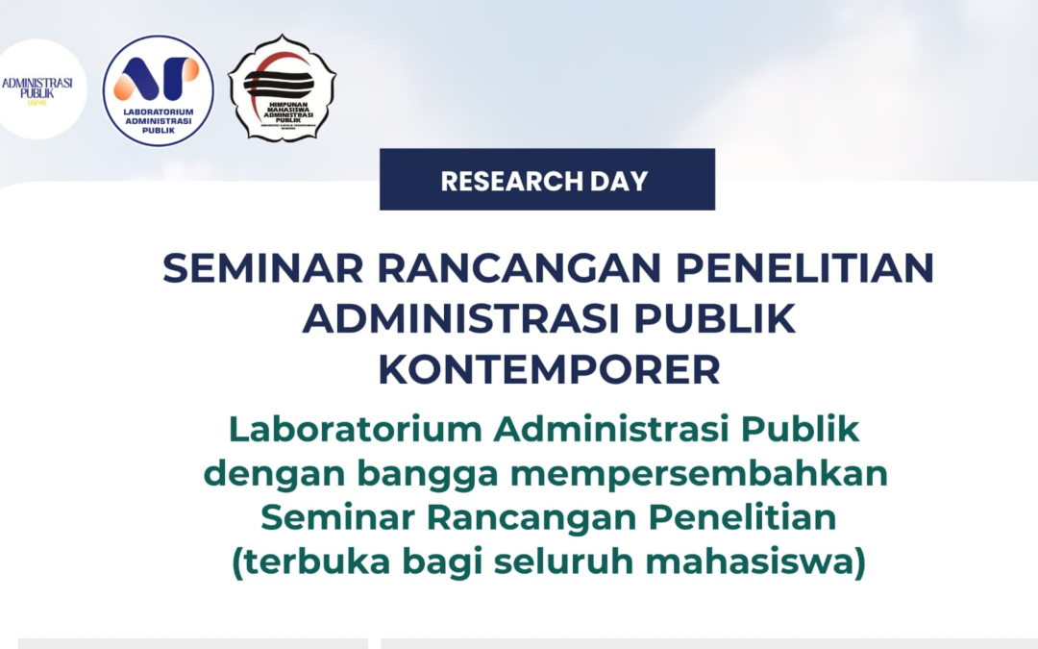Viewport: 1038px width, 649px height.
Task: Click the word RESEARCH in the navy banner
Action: [x=496, y=180]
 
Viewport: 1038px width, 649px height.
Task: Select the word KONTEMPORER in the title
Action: [x=549, y=370]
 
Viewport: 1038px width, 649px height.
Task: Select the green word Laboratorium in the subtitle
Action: [x=355, y=430]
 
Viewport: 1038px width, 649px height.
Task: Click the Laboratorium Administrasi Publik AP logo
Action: [x=158, y=90]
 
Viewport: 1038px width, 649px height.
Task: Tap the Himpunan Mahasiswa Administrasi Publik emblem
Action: [x=282, y=89]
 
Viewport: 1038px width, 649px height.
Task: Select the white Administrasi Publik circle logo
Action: [x=38, y=89]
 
